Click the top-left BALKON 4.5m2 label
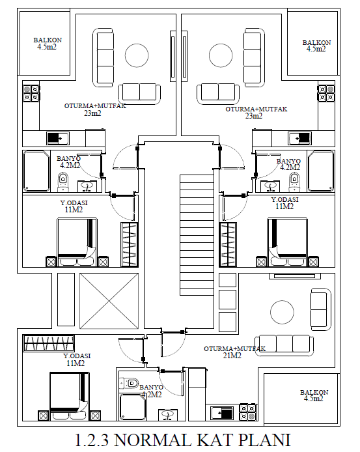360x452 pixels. [48, 44]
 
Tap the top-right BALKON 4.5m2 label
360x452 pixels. [316, 46]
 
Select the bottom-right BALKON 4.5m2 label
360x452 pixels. [314, 395]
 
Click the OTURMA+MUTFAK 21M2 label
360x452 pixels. [234, 352]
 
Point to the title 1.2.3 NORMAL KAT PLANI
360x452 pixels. [183, 440]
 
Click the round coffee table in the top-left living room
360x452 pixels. [137, 55]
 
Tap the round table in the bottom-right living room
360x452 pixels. [282, 312]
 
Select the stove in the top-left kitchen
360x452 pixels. [31, 93]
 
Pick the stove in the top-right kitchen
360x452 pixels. [326, 93]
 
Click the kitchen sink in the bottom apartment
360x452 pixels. [222, 414]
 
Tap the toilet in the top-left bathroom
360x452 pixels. [63, 182]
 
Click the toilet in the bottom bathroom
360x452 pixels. [129, 383]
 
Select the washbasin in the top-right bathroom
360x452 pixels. [270, 186]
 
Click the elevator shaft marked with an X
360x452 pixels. [109, 301]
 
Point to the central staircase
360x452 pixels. [197, 235]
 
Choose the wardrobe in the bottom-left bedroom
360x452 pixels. [49, 343]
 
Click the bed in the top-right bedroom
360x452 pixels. [287, 242]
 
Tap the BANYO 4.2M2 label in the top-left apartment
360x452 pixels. [69, 162]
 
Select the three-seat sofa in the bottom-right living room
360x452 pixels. [284, 345]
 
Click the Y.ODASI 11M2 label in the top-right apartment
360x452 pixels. [284, 203]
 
